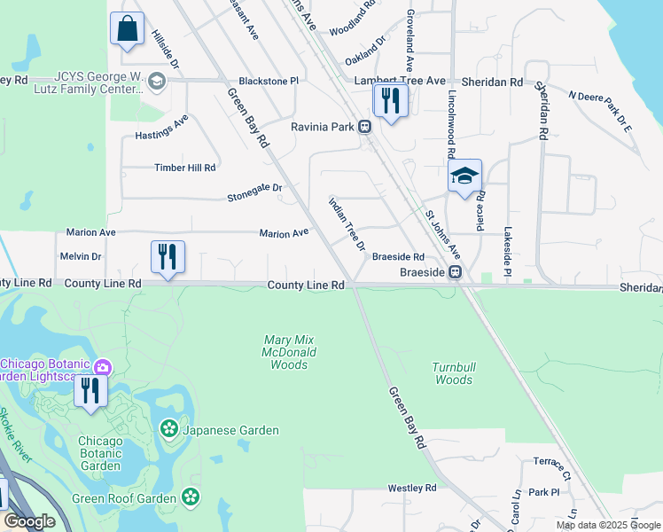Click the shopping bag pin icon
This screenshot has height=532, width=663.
(127, 27)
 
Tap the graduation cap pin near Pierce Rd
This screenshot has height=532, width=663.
(464, 176)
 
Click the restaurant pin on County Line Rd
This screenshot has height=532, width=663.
(168, 257)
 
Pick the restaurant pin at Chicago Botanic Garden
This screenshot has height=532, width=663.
(90, 390)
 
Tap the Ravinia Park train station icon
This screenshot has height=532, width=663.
(365, 127)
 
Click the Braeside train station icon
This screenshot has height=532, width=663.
(455, 272)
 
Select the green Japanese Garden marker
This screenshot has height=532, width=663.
(168, 430)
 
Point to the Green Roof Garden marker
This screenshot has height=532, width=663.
(190, 497)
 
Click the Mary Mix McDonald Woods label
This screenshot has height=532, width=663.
(289, 352)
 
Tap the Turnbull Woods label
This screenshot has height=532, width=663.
(452, 372)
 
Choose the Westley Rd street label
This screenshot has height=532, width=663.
(412, 489)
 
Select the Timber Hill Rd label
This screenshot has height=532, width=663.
(185, 168)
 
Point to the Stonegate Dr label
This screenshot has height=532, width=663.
(254, 188)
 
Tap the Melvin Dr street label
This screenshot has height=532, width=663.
(81, 256)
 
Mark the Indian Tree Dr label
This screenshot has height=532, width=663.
(347, 223)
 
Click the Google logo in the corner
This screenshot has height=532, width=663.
(29, 521)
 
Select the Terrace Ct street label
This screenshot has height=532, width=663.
(552, 462)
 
